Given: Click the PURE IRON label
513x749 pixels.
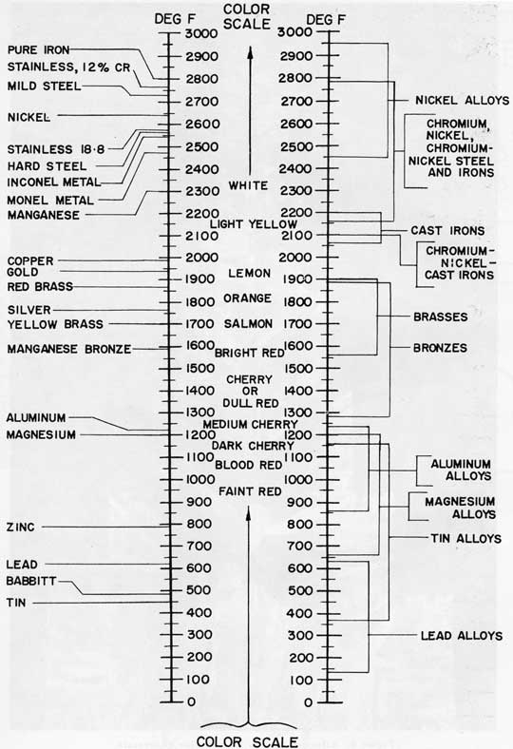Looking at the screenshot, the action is (x=39, y=50).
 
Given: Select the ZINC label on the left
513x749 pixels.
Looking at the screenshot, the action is (x=21, y=528).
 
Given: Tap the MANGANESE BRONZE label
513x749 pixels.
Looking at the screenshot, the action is (x=69, y=349).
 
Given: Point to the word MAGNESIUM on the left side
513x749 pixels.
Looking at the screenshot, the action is (x=41, y=434).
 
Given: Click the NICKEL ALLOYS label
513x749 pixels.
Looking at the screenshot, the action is (x=462, y=101).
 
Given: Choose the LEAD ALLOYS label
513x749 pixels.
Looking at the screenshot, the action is (x=462, y=636).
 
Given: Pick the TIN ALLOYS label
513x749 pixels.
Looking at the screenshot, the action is (x=465, y=538).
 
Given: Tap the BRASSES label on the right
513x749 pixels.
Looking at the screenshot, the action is (x=441, y=317).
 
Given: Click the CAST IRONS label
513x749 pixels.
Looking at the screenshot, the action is (x=447, y=231).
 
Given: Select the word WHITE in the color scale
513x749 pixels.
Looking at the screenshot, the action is (x=248, y=185).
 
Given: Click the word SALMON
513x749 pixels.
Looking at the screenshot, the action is (x=248, y=324).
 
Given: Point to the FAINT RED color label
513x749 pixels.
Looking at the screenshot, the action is (x=250, y=491).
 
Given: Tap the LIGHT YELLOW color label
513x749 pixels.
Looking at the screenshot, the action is (x=254, y=224).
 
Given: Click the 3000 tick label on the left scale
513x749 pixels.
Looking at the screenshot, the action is (x=201, y=33).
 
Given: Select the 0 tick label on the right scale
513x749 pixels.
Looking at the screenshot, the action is (x=309, y=702).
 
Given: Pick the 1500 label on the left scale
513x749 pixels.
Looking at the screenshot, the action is (x=200, y=368).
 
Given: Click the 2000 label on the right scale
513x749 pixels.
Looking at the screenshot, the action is (x=295, y=258).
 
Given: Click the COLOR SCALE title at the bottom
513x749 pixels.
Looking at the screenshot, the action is (x=247, y=741).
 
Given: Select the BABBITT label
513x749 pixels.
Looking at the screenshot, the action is (x=31, y=581).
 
